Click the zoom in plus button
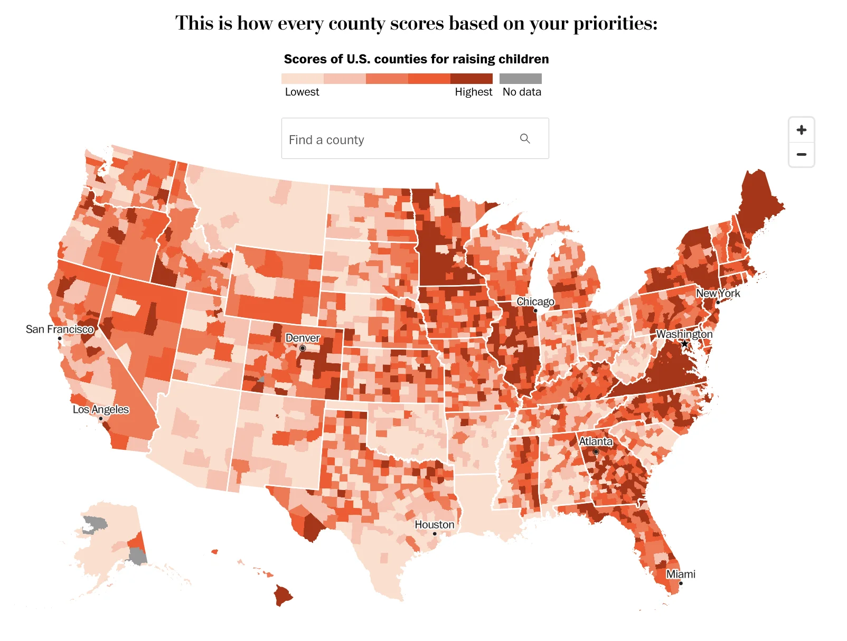801,130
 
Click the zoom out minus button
801,155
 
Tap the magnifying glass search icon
524,138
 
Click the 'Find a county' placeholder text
326,140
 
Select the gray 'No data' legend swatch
520,79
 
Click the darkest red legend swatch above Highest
471,79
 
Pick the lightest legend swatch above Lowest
302,79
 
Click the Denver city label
303,338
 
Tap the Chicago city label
535,301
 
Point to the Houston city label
434,524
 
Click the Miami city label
680,574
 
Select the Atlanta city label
595,441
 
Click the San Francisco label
60,329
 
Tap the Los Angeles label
100,409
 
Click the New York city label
718,293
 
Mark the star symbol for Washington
684,344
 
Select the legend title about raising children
416,59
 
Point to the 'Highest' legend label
473,92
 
